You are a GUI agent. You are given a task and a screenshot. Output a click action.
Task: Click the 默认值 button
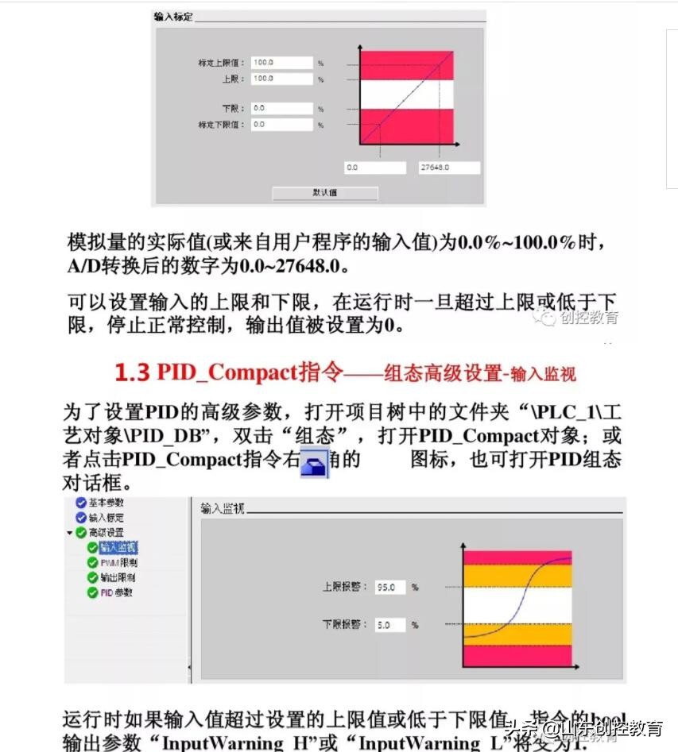[325, 193]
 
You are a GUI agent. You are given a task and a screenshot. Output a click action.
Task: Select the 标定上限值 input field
[281, 62]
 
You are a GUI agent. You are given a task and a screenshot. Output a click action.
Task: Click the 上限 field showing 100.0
[281, 79]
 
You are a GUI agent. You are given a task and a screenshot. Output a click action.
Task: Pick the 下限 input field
[281, 108]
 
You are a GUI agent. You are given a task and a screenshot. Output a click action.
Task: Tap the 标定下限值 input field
[281, 125]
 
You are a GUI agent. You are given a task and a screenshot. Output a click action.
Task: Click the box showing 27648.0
[449, 168]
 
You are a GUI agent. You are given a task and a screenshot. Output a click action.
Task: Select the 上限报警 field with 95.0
[390, 588]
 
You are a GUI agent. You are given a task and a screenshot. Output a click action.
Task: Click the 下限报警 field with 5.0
[390, 625]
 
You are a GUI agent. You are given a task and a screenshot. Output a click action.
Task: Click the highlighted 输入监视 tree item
[118, 548]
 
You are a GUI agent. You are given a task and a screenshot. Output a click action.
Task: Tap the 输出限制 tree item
[118, 577]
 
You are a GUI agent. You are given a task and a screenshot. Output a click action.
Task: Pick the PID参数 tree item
[116, 592]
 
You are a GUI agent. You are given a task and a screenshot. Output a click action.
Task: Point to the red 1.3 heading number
[132, 372]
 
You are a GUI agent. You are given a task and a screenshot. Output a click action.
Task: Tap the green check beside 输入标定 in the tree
[81, 518]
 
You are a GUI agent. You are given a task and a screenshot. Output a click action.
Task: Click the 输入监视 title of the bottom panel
[223, 507]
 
